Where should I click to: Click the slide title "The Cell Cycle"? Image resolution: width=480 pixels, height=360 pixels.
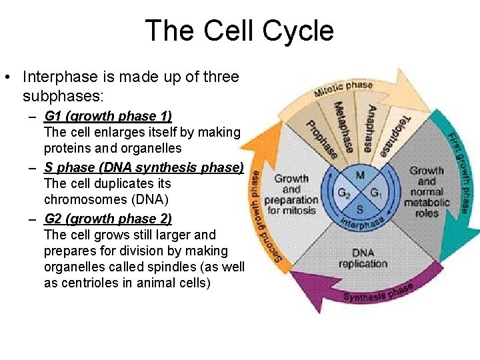239,31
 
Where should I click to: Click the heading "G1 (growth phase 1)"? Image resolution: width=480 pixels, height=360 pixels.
108,116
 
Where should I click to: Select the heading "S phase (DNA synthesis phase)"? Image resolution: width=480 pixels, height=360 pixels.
144,167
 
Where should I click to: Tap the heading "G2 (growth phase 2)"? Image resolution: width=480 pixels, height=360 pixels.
108,219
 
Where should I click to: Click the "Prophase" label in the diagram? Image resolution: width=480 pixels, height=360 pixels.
321,136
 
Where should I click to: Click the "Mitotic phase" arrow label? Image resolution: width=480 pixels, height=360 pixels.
343,89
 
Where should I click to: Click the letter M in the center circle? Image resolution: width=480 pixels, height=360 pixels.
359,175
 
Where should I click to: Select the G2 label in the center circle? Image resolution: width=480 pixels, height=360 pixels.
344,193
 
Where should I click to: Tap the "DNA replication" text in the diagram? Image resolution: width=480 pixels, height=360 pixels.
363,258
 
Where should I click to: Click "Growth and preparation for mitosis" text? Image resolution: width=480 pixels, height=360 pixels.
291,194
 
